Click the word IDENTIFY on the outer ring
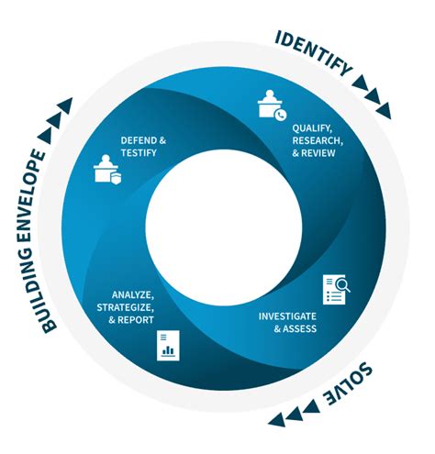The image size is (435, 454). [314, 53]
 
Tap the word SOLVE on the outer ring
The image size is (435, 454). [349, 383]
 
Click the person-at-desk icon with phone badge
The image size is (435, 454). [272, 105]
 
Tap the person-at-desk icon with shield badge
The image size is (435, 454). [107, 170]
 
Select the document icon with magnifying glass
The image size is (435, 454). [336, 289]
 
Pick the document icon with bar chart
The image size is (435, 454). [168, 345]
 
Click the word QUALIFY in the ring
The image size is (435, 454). [312, 128]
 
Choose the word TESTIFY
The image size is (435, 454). [139, 152]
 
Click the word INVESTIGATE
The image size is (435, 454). [287, 316]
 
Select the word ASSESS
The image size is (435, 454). [299, 328]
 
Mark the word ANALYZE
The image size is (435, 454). [133, 295]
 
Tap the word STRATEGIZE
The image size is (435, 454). [126, 307]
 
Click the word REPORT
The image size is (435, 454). [136, 320]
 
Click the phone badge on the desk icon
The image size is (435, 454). [281, 115]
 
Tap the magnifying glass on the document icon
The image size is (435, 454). [343, 285]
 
